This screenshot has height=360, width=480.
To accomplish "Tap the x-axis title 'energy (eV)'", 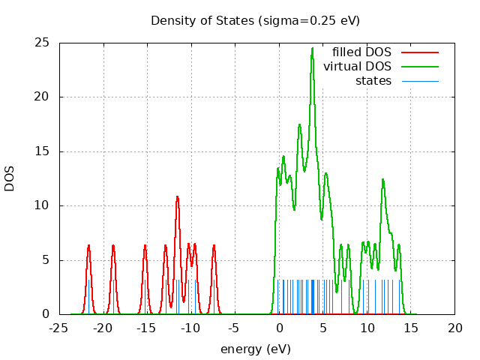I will [x=255, y=349].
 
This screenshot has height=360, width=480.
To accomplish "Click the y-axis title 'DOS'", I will [x=10, y=178].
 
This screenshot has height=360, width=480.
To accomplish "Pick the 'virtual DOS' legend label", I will [x=357, y=67].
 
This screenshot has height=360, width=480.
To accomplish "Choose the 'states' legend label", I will [x=373, y=81].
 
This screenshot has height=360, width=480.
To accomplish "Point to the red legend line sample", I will [x=419, y=52].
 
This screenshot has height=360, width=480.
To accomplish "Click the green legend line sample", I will [x=419, y=67].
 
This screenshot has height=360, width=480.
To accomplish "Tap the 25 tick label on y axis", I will [x=42, y=43].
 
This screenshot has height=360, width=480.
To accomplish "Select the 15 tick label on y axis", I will [x=42, y=151].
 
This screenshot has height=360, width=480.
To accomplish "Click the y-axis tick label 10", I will [x=42, y=205].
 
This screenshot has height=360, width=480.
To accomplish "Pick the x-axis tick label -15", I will [x=147, y=328].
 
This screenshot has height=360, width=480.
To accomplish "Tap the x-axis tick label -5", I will [x=235, y=328].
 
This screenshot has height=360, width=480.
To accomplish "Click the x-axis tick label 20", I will [x=454, y=328].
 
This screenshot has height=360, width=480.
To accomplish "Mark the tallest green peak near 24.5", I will [x=312, y=49].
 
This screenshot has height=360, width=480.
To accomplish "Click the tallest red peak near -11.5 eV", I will [x=177, y=196].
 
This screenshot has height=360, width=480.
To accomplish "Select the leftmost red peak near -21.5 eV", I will [x=88, y=245].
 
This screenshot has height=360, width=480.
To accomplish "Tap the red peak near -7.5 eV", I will [x=214, y=245].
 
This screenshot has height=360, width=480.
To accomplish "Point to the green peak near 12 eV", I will [x=382, y=179].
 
